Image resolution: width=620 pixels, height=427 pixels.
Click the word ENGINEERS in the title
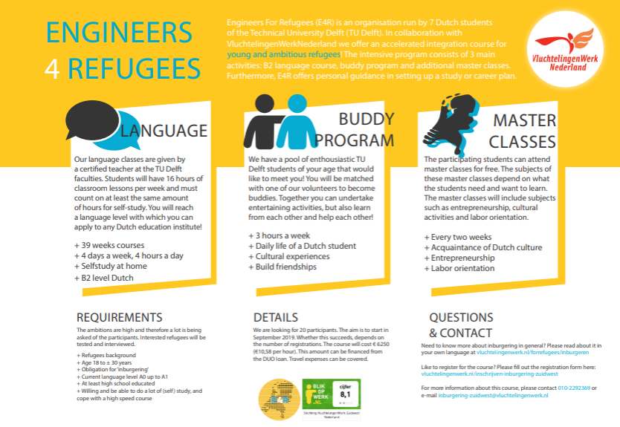pos(119,33)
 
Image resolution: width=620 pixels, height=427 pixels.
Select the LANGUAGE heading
pos(164,131)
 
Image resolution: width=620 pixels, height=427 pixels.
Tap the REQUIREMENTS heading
pos(119,317)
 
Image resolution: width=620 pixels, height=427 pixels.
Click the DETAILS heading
pos(275,317)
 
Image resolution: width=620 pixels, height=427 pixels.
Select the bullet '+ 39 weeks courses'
pos(109,245)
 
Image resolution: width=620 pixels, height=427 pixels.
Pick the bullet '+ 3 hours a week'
pos(279,235)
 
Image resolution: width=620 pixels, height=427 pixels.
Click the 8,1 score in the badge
pos(345,395)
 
